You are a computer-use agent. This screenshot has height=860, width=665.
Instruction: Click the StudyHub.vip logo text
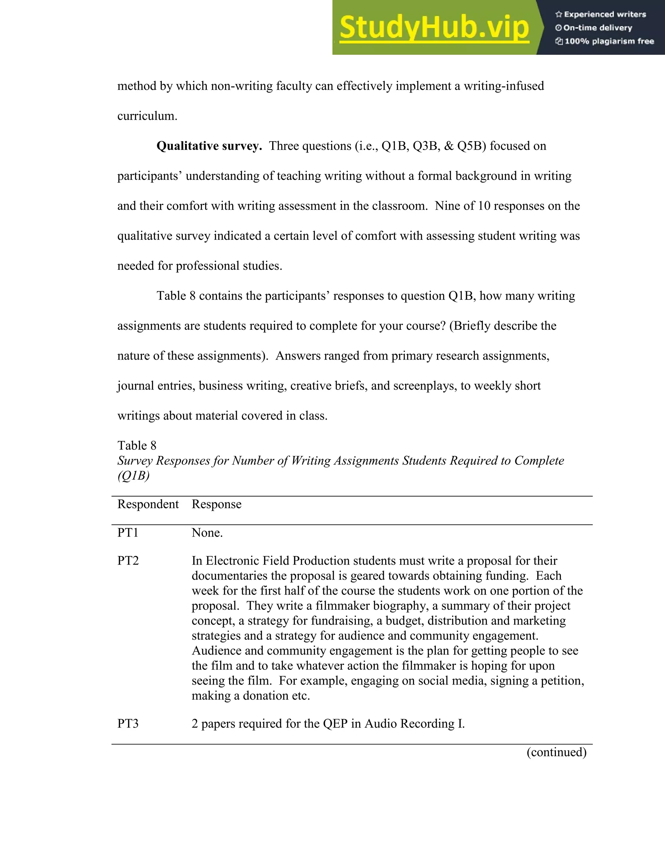point(434,28)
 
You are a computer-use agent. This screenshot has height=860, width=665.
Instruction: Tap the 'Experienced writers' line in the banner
point(605,15)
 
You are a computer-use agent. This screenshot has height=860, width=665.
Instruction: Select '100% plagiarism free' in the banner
point(609,41)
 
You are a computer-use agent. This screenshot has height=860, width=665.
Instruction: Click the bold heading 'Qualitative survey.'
point(209,146)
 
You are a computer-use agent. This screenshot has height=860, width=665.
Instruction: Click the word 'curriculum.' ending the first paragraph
point(147,116)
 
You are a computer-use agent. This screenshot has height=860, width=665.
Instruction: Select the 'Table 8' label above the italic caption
point(137,445)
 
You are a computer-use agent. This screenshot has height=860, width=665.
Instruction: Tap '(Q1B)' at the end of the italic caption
point(133,476)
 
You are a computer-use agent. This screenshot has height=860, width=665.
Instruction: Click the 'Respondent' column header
point(148,504)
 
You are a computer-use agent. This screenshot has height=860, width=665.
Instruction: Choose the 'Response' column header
point(216,504)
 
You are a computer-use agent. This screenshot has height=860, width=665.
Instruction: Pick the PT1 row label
point(128,533)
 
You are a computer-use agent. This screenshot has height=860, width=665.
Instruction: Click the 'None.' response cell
point(207,533)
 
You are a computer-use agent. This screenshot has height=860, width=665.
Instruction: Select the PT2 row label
point(128,561)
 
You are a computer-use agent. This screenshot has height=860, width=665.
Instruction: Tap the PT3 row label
point(128,724)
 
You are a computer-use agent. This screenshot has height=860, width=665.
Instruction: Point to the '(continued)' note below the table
point(556,752)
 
